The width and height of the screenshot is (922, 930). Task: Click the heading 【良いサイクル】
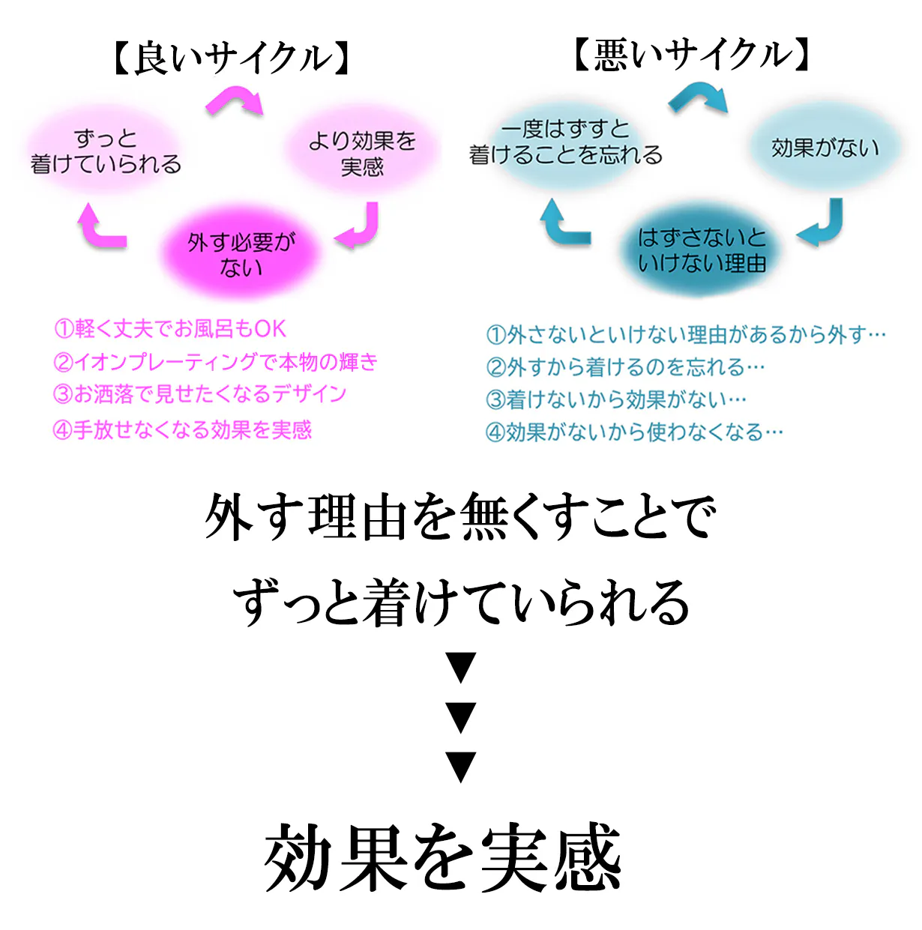(x=231, y=59)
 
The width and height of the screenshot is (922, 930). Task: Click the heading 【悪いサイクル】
(x=692, y=55)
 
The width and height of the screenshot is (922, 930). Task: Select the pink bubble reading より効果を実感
(x=362, y=153)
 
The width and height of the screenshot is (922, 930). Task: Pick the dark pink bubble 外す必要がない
(x=241, y=254)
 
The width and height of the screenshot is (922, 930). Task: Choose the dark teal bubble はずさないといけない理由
(x=702, y=250)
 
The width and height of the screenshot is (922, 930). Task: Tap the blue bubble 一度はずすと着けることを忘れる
(x=565, y=142)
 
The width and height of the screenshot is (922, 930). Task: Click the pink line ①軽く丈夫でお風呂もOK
(x=170, y=329)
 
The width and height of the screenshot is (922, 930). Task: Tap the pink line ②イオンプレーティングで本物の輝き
(x=215, y=362)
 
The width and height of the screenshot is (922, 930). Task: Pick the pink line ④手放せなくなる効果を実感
(x=182, y=430)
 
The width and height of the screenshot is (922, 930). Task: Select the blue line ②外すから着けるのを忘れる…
(x=625, y=367)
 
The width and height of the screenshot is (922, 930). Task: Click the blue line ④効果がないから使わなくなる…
(x=634, y=432)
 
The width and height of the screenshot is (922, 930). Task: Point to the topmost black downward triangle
(x=461, y=668)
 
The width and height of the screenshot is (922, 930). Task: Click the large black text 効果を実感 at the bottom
(x=442, y=857)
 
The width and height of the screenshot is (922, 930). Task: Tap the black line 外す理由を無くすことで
(x=460, y=516)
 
